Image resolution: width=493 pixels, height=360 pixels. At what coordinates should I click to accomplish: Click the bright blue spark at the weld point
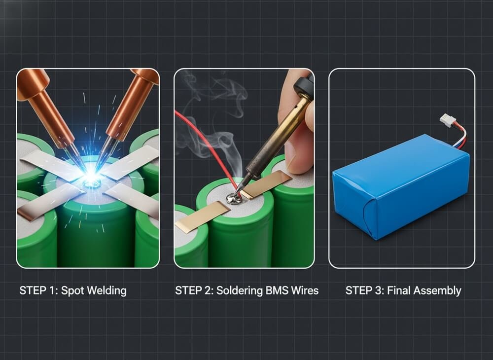91,177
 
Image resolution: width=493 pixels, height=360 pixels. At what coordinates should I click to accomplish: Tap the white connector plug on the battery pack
447,121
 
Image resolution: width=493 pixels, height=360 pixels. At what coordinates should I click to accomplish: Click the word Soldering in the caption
233,290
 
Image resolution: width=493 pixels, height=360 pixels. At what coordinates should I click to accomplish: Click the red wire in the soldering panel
202,143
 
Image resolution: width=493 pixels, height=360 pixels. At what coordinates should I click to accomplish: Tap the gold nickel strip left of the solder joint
202,217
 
